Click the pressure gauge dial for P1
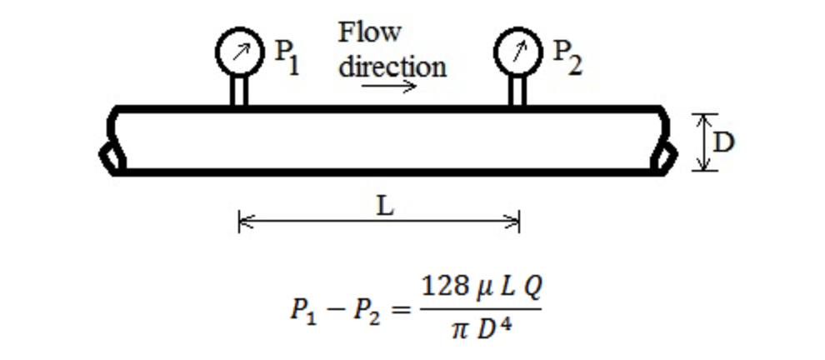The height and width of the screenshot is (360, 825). (x=238, y=52)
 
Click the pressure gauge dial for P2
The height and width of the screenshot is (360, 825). (x=517, y=52)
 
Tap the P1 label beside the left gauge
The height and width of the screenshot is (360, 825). (x=287, y=57)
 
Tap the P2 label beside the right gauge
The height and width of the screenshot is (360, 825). (x=567, y=57)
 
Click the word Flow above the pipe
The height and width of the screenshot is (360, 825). (x=369, y=32)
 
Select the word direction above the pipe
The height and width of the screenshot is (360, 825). (x=392, y=66)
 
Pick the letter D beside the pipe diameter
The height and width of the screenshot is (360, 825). (x=724, y=142)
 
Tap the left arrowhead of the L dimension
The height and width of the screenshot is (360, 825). (x=244, y=222)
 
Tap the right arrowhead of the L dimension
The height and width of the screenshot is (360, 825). (x=514, y=222)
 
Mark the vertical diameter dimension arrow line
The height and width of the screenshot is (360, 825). (x=706, y=142)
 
